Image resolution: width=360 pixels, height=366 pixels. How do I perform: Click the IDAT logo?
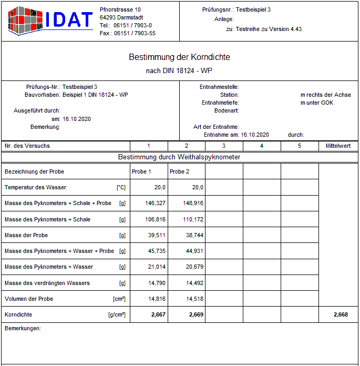50,21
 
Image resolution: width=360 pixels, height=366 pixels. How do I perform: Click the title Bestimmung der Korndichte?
179,57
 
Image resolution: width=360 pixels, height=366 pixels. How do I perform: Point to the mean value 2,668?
341,314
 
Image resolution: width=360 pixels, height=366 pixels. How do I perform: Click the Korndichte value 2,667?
157,314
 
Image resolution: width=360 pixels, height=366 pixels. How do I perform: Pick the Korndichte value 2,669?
194,314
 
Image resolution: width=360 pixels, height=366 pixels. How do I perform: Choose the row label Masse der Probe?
26,235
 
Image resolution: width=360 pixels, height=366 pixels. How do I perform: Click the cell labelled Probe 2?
179,171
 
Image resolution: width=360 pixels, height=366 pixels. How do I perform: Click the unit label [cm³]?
119,299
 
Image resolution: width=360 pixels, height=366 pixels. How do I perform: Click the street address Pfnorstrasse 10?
120,9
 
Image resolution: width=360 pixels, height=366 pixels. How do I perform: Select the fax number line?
127,33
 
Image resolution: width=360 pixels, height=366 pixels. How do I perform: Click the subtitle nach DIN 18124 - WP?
179,70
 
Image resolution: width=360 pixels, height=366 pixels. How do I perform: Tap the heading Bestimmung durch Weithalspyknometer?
179,157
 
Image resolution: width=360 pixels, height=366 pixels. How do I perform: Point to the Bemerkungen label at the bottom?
22,328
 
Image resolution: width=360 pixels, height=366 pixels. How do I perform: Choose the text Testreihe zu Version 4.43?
269,29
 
